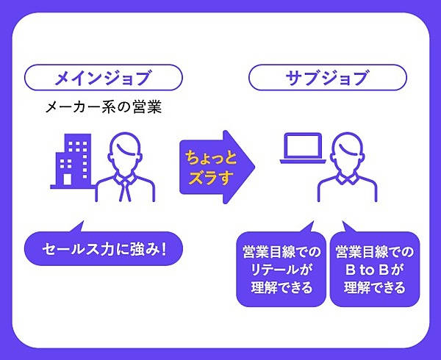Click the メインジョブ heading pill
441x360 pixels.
(103, 76)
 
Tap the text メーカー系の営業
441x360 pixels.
(103, 108)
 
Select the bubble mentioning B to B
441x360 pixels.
(374, 269)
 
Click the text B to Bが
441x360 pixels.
(374, 270)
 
